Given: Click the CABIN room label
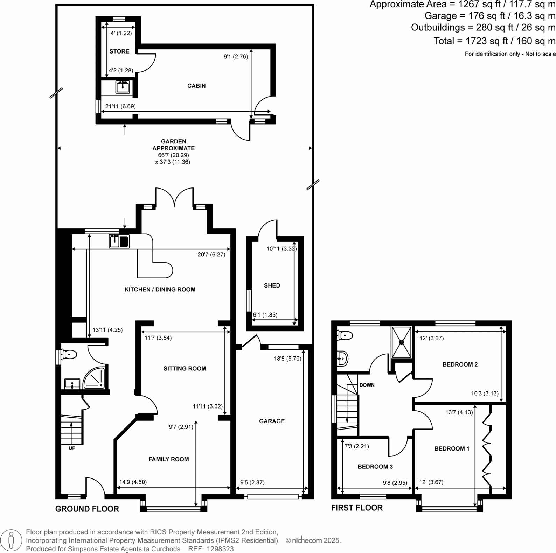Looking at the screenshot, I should pos(196,86).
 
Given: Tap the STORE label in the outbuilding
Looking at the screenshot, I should pos(119,51).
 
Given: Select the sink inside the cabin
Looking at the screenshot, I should pos(123,87).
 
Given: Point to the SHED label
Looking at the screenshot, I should pos(272,285).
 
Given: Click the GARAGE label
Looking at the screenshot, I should pos(272,421).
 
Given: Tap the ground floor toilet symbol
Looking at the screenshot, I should pos(69,355).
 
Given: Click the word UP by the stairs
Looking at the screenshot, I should pos(72,448).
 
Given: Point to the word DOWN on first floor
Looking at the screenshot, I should pos(367,385).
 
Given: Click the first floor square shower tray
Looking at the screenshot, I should pos(401,342).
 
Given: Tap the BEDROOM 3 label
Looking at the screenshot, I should pos(375,466).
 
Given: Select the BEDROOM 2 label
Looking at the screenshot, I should pos(460,364).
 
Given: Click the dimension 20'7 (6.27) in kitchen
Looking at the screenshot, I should pos(211,255).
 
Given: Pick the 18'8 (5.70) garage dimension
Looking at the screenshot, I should pos(287,358).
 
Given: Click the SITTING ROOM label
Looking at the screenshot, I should pos(185,368).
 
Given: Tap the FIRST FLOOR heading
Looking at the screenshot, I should pos(356,508).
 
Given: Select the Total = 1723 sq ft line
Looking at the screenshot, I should pos(494,41).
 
